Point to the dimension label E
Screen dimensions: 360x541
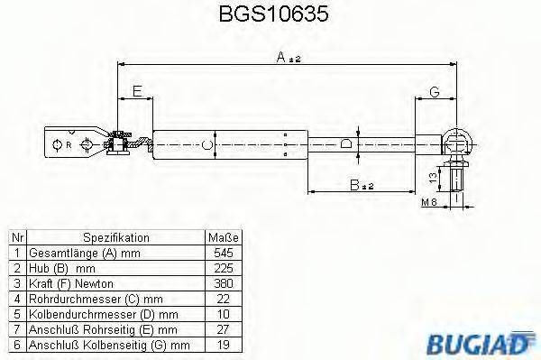coord(136,91)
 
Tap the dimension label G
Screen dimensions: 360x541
coord(434,91)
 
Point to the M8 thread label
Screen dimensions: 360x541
coord(429,204)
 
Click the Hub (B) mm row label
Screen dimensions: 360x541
coord(61,268)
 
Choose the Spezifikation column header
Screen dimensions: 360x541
coord(115,237)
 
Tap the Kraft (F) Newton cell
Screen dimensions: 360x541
coord(77,283)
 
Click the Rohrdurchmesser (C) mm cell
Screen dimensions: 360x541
coord(96,299)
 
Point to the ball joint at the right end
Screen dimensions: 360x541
coord(457,142)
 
